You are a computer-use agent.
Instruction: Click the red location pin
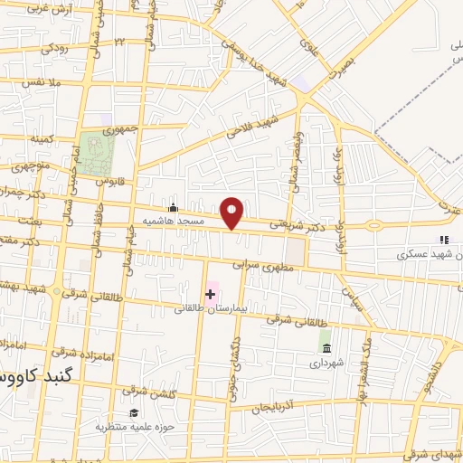click(233, 213)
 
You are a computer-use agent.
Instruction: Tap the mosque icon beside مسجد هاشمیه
click(173, 208)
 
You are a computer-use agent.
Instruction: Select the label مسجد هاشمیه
click(203, 221)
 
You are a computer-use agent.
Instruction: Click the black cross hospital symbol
click(211, 293)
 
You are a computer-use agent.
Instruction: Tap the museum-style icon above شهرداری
click(326, 348)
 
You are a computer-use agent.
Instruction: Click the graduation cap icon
click(135, 412)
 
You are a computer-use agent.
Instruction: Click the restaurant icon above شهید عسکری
click(443, 240)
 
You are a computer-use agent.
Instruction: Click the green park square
click(91, 147)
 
